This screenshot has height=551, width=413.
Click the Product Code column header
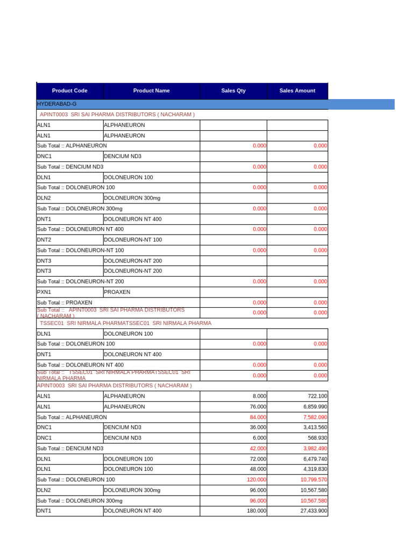(69, 90)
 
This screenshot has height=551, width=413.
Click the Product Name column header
(151, 90)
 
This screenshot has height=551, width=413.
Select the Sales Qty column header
(233, 90)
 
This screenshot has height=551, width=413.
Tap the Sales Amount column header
(297, 90)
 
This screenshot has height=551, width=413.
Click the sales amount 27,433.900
(314, 511)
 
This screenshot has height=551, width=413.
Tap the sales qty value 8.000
(259, 396)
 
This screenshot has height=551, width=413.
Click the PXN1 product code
(44, 292)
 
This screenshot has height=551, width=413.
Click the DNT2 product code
(44, 239)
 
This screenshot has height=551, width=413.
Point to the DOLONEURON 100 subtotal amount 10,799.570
(314, 479)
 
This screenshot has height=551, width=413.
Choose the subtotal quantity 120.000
(257, 479)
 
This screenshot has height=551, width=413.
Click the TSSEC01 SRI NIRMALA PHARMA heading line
(125, 323)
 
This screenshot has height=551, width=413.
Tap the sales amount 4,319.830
(315, 469)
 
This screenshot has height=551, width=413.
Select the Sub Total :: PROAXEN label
(65, 302)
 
